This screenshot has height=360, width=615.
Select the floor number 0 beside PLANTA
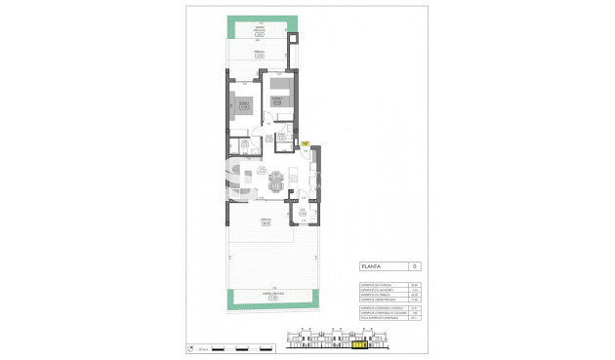point(414,265)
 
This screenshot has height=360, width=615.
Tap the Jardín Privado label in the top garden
point(259,31)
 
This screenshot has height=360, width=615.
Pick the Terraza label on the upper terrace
point(259,54)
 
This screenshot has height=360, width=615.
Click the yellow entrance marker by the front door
point(305,143)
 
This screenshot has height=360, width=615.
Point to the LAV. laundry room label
point(303,213)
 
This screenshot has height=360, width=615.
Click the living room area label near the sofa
point(263,173)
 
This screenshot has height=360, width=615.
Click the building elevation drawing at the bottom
point(336,341)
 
